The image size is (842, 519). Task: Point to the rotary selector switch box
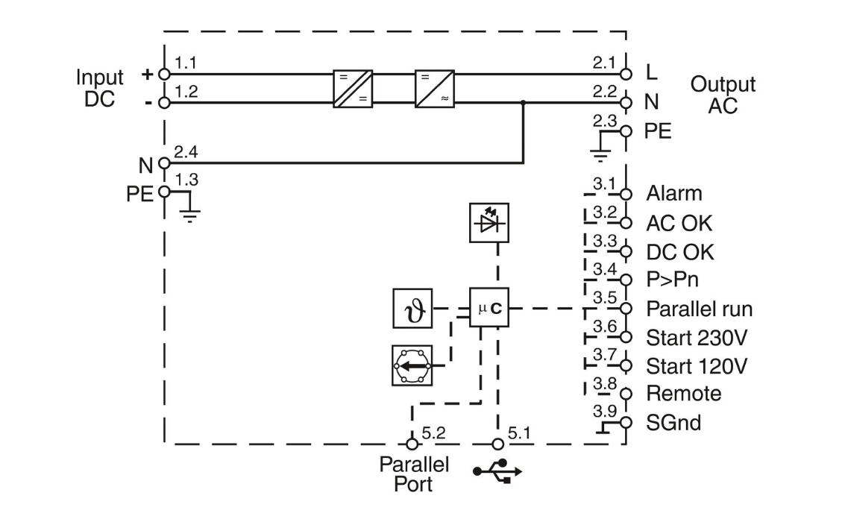tap(412, 365)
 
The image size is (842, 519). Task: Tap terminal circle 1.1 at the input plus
tap(165, 75)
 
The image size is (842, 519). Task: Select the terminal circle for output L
tap(626, 75)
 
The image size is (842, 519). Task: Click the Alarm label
tap(674, 193)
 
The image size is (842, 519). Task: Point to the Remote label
tap(684, 393)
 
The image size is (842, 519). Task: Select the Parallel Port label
tap(415, 474)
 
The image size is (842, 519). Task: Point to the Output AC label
tap(723, 95)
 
